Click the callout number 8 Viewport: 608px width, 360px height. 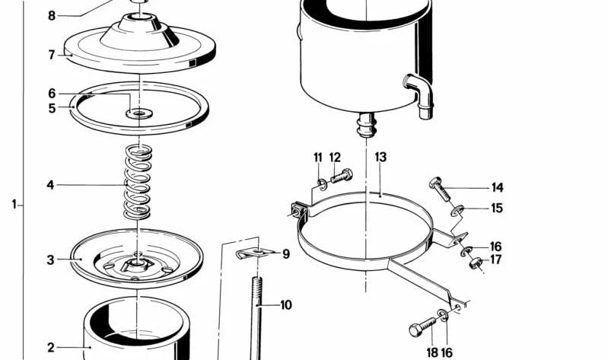[52, 16]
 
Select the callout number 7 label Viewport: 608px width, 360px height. [52, 55]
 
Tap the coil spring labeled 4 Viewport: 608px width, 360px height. [138, 181]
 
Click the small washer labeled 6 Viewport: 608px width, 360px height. [138, 113]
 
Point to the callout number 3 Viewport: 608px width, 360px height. [50, 260]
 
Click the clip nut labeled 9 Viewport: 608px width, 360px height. [254, 253]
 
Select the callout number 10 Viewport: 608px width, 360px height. [286, 305]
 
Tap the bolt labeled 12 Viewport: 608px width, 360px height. [342, 176]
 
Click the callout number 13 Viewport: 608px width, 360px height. [380, 157]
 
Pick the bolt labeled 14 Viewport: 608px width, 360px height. [440, 189]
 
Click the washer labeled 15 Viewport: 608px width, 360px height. [457, 211]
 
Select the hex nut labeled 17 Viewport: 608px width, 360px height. [476, 263]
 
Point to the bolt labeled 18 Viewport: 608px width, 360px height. [422, 327]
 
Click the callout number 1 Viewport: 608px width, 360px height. [14, 204]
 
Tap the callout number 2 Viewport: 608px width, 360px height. [51, 348]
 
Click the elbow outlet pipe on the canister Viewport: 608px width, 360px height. [419, 95]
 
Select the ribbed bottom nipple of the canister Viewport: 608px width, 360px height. [366, 125]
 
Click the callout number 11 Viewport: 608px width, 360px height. [318, 157]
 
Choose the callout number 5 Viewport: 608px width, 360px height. [52, 108]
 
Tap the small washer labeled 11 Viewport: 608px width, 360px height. [322, 185]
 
